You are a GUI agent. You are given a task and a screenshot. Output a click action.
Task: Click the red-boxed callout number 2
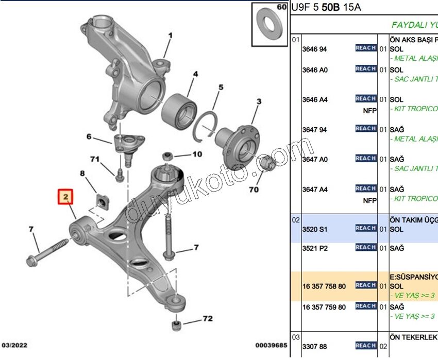click(x=65, y=197)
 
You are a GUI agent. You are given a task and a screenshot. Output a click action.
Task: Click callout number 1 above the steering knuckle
click(x=170, y=36)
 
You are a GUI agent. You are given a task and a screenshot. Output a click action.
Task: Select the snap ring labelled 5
click(x=207, y=126)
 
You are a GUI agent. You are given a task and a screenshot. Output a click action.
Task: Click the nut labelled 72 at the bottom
click(x=175, y=325)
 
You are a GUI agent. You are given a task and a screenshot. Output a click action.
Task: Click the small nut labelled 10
click(x=167, y=156)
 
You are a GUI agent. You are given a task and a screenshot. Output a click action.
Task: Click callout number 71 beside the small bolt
click(x=94, y=159)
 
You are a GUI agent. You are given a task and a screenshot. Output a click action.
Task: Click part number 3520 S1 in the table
click(x=314, y=228)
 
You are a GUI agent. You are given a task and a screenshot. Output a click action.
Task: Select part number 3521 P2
click(x=314, y=248)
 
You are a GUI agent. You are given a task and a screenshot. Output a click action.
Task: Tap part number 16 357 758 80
click(x=324, y=286)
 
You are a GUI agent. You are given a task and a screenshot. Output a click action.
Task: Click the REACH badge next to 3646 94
click(x=365, y=48)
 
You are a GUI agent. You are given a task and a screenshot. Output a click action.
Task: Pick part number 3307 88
click(x=314, y=347)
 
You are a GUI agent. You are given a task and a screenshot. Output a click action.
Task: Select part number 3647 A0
click(x=314, y=160)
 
